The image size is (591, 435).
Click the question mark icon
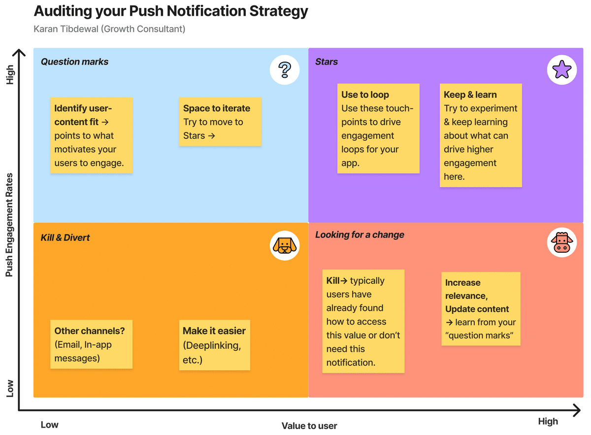tap(285, 69)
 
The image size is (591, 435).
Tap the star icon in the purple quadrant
tap(562, 69)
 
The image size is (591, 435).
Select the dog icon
tap(285, 245)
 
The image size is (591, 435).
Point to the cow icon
tap(562, 242)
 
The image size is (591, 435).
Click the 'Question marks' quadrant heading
tap(74, 62)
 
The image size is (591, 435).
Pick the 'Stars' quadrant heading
tap(327, 62)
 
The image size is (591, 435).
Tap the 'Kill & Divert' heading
tap(65, 237)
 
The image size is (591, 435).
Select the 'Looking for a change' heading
tap(360, 234)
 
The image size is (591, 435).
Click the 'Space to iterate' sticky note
tap(220, 122)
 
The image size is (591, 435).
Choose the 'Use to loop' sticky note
tap(378, 129)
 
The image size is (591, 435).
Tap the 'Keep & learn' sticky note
tap(481, 135)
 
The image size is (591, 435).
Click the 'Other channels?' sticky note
tap(91, 344)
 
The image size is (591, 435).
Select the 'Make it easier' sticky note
tap(215, 345)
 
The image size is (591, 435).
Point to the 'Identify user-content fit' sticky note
tap(91, 135)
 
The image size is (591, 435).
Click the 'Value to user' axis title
tap(309, 426)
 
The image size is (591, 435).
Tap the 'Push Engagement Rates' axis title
tap(9, 225)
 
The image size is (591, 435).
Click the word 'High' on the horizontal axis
tap(548, 421)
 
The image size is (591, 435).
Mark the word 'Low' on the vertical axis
tap(10, 388)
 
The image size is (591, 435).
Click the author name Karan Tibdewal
tap(66, 29)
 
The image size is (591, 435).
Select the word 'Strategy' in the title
tap(279, 12)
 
